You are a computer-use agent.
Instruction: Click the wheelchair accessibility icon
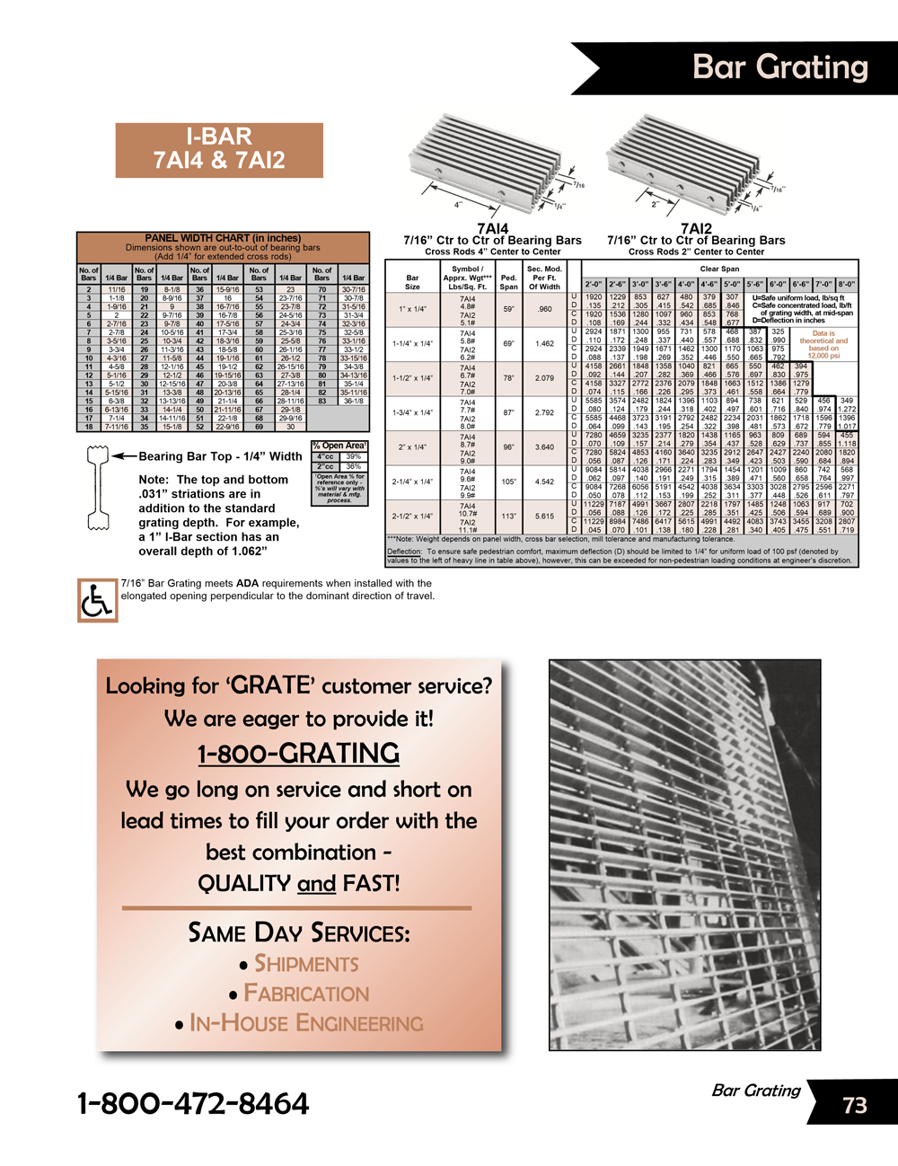(x=97, y=600)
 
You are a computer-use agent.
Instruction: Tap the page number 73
(x=855, y=1105)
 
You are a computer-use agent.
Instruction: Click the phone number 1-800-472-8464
(x=193, y=1103)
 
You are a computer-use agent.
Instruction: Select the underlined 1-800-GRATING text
(x=298, y=753)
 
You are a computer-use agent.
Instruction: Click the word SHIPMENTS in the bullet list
(x=306, y=964)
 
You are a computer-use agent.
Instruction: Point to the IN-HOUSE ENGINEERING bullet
(x=306, y=1023)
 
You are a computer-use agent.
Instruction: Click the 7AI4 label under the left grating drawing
(x=492, y=229)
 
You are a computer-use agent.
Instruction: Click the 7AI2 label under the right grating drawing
(x=696, y=229)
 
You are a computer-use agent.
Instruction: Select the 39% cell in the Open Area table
(x=354, y=456)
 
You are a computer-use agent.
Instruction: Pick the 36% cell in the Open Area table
(x=354, y=466)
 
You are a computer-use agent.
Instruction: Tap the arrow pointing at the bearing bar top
(x=122, y=456)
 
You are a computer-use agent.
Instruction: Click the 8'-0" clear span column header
(x=846, y=284)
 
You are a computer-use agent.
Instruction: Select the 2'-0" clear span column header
(x=594, y=284)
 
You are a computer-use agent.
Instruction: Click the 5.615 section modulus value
(x=544, y=517)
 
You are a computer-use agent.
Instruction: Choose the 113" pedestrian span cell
(x=508, y=517)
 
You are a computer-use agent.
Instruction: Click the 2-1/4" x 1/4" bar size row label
(x=412, y=481)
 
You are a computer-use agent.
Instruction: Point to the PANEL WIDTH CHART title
(x=223, y=238)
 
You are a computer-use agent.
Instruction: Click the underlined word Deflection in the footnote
(x=404, y=552)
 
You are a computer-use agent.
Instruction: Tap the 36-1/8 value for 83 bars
(x=353, y=401)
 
